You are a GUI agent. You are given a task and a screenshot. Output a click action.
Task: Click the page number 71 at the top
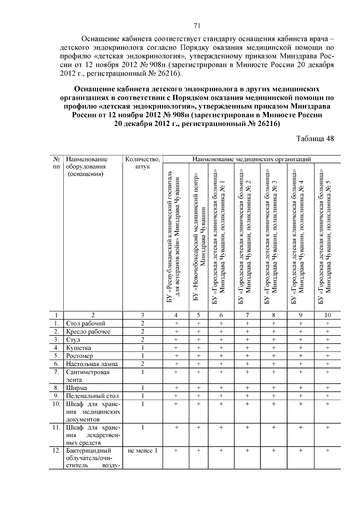click(x=197, y=26)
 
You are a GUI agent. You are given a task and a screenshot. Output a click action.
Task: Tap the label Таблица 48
click(x=315, y=139)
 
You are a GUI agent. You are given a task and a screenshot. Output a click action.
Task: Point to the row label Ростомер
click(x=79, y=356)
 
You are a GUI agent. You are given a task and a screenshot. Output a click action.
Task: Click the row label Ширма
click(x=76, y=388)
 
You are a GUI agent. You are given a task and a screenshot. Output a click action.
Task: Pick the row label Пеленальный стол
click(x=92, y=396)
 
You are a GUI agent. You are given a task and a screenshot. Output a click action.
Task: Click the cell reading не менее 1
click(x=142, y=451)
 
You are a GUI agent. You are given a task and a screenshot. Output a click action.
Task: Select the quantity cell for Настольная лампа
click(x=142, y=364)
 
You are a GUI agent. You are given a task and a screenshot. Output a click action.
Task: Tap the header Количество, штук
click(x=142, y=163)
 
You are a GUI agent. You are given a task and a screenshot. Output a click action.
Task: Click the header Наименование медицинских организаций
click(x=251, y=159)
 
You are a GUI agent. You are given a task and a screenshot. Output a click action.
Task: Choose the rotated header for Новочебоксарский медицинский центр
click(x=199, y=237)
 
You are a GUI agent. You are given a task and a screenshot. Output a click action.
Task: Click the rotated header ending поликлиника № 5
click(x=328, y=237)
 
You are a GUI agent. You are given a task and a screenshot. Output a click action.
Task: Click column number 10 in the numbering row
click(x=327, y=315)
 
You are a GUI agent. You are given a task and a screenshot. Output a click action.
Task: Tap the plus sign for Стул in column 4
click(x=176, y=340)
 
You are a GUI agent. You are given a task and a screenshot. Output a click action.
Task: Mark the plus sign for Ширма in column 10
click(x=327, y=388)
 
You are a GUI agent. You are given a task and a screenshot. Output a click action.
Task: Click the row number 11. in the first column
click(x=56, y=427)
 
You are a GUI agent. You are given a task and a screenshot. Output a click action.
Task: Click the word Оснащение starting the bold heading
click(x=94, y=89)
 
